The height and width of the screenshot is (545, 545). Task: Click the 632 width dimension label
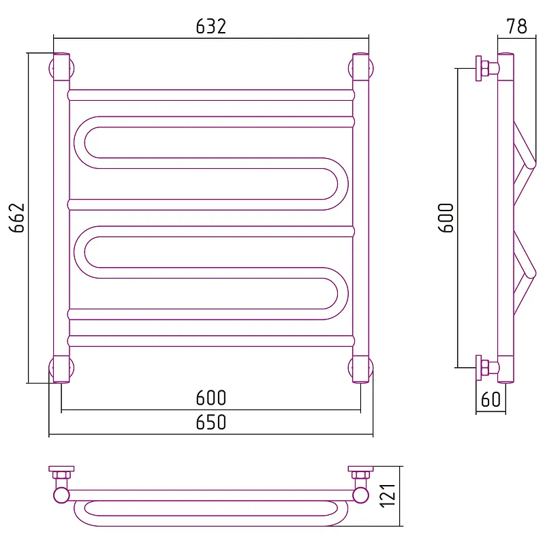(x=211, y=27)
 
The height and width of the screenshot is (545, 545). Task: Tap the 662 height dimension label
(x=17, y=218)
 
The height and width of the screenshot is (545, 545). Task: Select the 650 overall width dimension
(x=211, y=422)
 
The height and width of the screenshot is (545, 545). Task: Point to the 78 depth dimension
(x=516, y=27)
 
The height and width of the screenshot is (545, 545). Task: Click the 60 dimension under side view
(x=490, y=400)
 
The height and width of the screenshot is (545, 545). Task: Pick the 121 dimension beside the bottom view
(x=388, y=496)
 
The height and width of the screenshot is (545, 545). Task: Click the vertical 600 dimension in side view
(x=446, y=218)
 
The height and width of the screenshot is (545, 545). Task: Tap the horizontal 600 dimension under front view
(x=211, y=398)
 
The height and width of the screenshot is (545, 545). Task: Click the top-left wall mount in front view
(x=61, y=68)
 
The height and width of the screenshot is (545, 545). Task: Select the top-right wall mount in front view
(x=361, y=68)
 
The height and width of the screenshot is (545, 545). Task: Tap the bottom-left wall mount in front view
(x=61, y=368)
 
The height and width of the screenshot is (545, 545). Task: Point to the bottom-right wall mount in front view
(x=361, y=368)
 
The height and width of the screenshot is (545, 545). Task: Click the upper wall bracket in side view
(x=486, y=69)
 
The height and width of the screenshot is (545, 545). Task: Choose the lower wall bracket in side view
(x=486, y=368)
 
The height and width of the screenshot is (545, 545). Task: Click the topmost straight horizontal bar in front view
(x=211, y=95)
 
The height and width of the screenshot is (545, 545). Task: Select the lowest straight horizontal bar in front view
(x=211, y=341)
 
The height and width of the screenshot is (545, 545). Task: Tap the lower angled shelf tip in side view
(x=531, y=274)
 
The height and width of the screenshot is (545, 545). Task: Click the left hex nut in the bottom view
(x=61, y=475)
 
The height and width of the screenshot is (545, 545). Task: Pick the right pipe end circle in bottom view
(x=361, y=495)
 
